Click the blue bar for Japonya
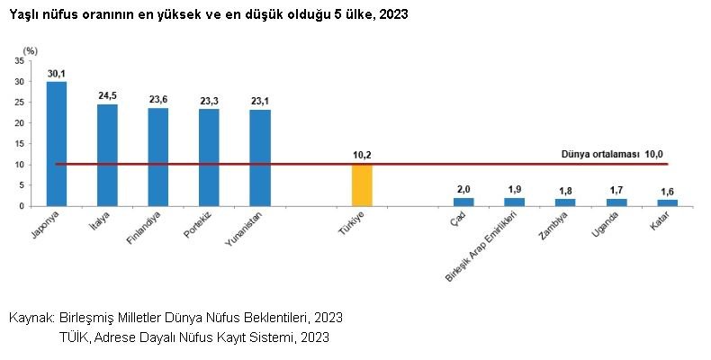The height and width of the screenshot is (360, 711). coord(57,144)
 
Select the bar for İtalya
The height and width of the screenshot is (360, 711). coord(107,155)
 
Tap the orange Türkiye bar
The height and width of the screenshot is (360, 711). coord(362,184)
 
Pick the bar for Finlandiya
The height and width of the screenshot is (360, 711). coord(158,157)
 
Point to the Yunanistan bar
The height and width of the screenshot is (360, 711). coord(260,157)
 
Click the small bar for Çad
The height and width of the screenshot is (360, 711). coord(463,202)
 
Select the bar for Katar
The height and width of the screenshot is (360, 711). coord(668,202)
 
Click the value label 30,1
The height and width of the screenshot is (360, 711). coord(57,73)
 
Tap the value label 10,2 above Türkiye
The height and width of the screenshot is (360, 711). coord(362,155)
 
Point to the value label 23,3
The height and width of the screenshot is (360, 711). coord(209,101)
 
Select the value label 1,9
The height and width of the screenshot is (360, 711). coord(515,189)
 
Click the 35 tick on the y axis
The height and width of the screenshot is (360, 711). coord(20,61)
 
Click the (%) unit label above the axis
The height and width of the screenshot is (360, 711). coord(30,50)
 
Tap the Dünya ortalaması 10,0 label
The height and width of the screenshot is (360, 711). coord(618,155)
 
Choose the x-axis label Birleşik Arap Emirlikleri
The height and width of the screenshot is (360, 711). coord(486,247)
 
